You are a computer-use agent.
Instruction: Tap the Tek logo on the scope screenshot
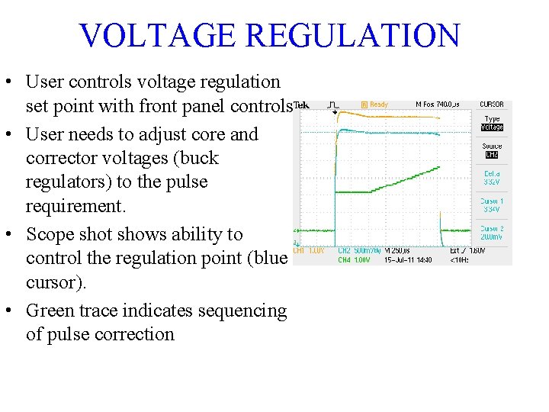(x=303, y=105)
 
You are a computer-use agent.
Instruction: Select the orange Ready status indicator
(x=375, y=105)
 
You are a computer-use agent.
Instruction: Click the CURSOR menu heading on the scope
(x=491, y=105)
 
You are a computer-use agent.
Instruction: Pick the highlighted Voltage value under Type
(x=492, y=127)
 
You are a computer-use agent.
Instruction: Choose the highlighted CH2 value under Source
(x=492, y=155)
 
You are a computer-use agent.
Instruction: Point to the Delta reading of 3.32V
(x=492, y=179)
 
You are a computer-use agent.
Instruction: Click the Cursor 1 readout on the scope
(x=492, y=205)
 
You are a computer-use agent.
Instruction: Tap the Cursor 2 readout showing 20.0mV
(x=492, y=233)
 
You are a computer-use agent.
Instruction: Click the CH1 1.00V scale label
(x=310, y=250)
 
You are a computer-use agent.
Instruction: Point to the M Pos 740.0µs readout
(x=437, y=105)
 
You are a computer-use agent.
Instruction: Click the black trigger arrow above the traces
(x=334, y=111)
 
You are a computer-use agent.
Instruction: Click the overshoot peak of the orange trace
(x=340, y=112)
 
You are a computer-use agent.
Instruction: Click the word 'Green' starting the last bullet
(x=49, y=311)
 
